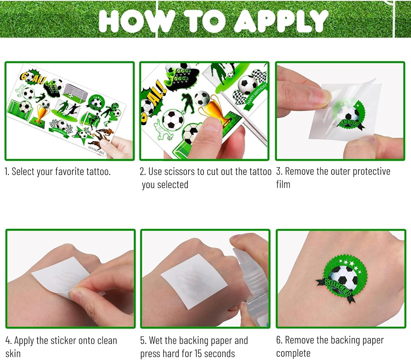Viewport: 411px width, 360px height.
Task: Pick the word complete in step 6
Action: point(293,353)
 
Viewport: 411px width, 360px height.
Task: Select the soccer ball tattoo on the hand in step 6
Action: point(342,277)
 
